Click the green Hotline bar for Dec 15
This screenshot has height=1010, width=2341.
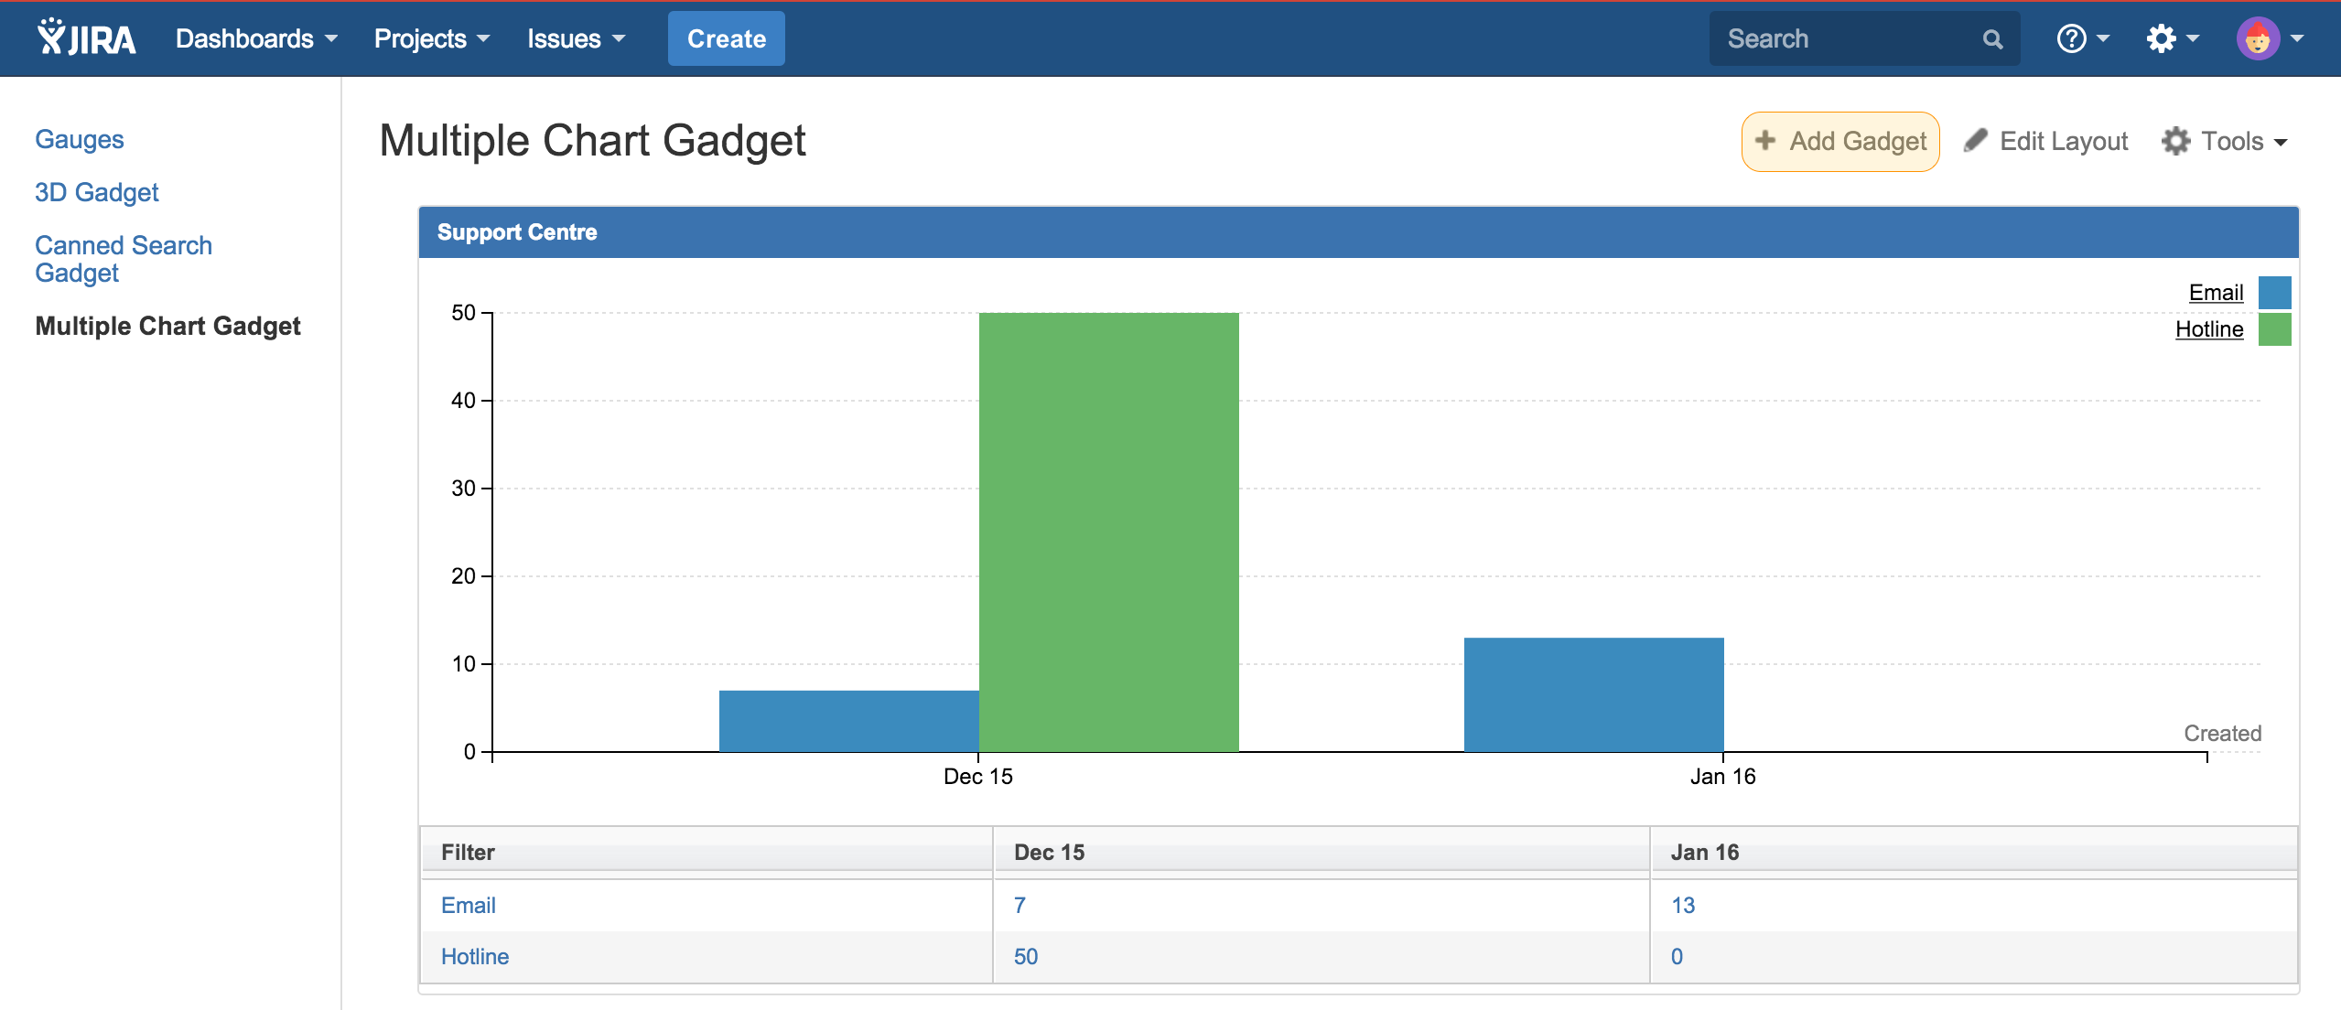(1108, 532)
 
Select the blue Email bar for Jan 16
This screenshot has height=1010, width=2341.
(1593, 694)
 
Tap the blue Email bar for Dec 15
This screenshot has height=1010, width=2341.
(848, 721)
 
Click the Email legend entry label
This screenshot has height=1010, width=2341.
(2216, 293)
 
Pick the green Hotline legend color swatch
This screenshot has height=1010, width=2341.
(2274, 329)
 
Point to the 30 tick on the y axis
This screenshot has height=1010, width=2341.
(464, 489)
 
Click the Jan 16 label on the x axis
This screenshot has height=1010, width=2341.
(1722, 777)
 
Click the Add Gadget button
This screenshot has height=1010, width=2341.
(1840, 142)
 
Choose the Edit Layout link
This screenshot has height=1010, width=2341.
(2046, 142)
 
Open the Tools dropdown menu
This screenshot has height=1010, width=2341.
(2225, 142)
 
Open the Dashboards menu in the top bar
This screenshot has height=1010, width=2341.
(256, 39)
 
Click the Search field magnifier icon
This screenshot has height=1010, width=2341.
(1992, 39)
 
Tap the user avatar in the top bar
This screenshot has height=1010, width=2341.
(2258, 39)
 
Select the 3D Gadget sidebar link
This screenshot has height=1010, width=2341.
(97, 192)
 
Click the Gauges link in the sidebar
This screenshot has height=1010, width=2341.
(80, 139)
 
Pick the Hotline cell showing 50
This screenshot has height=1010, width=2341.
(1026, 956)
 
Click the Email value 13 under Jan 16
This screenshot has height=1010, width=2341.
(1683, 905)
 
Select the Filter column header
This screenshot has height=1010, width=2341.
(468, 852)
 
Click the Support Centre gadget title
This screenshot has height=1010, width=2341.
(517, 232)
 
